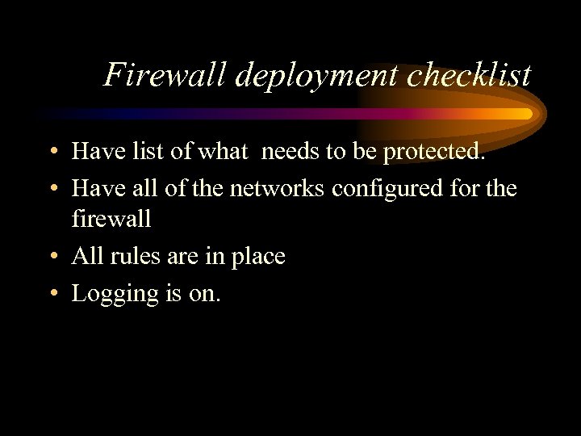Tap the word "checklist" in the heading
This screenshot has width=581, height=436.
tap(470, 75)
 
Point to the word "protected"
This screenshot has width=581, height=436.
tap(439, 152)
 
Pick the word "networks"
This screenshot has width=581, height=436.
tap(278, 189)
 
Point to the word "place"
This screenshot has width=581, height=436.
tap(257, 258)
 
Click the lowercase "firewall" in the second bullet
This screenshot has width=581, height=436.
tap(111, 218)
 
